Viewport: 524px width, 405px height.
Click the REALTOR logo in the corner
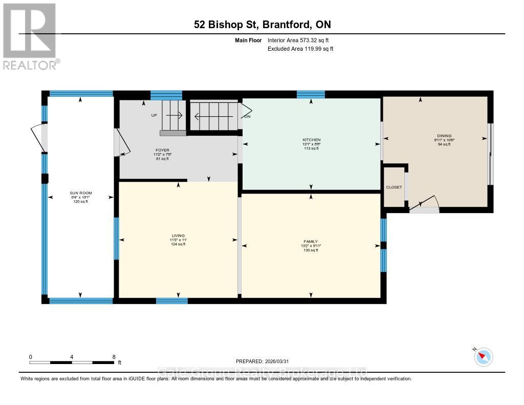coord(30,36)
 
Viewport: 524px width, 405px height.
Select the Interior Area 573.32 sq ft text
coord(300,40)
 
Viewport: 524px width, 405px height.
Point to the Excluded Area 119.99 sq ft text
coord(300,49)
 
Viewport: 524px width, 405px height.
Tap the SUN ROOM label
coord(79,193)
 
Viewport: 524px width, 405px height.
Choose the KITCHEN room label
coord(311,140)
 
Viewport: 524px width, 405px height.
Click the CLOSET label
coord(394,187)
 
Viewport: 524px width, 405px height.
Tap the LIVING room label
coord(178,236)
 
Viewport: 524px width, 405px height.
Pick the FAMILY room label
coord(311,241)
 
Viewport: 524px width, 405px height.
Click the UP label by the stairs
coord(154,115)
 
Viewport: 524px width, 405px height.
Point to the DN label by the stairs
coord(248,116)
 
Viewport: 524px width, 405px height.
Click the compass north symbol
coord(483,357)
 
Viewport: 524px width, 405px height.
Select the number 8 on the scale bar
coord(114,356)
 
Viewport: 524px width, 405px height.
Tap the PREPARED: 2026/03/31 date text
coord(266,361)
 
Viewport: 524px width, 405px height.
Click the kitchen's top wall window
coord(311,94)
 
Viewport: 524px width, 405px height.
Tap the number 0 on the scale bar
coord(31,356)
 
